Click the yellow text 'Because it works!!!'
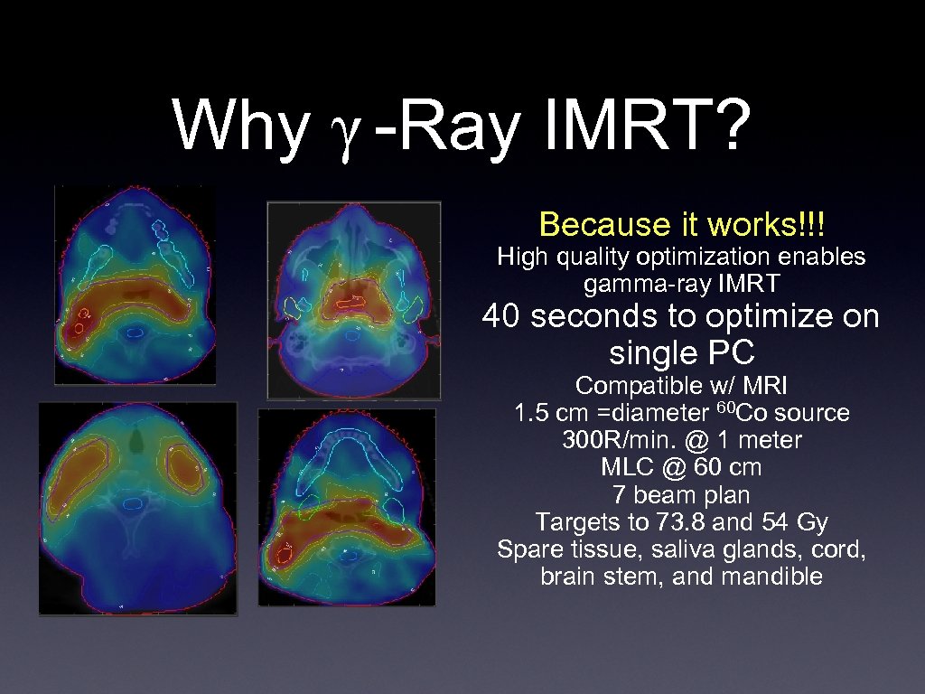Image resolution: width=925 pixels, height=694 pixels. tap(682, 223)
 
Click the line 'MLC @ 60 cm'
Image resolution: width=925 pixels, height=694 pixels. tap(681, 467)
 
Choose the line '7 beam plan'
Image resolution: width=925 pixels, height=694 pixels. tap(681, 494)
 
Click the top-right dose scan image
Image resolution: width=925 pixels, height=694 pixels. tap(354, 299)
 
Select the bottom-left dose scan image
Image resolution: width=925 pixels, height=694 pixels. tap(137, 509)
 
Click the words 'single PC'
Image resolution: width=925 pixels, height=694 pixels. tap(681, 351)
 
